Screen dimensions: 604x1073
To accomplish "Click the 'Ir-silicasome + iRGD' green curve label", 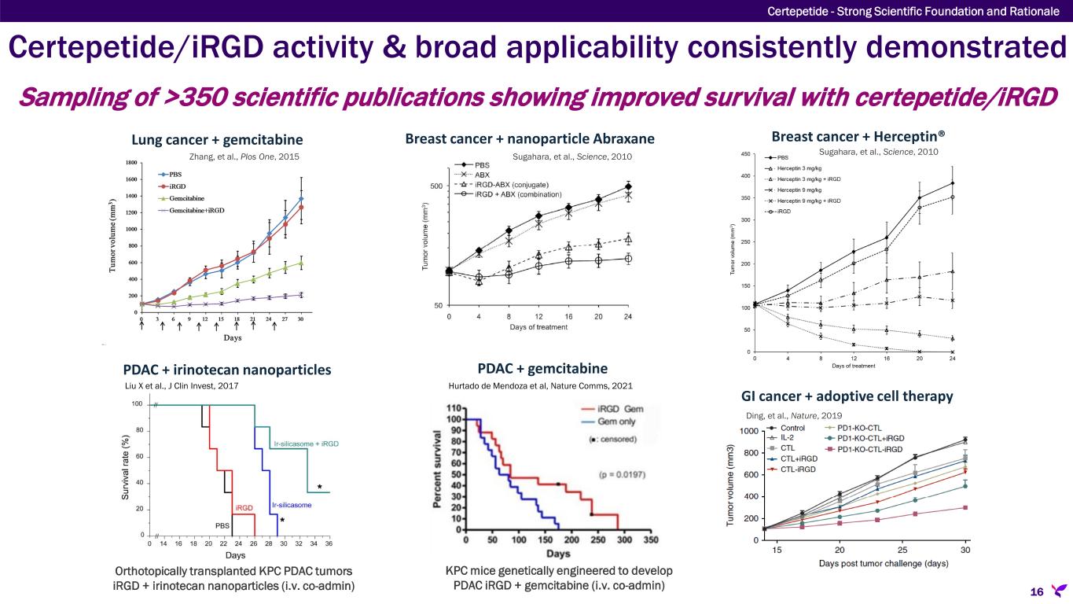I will (x=306, y=444).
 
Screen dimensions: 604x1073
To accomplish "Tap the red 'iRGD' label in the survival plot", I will (x=244, y=508).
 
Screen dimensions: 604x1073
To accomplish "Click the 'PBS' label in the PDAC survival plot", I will (x=222, y=524).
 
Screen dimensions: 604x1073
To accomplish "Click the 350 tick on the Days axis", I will (x=650, y=541).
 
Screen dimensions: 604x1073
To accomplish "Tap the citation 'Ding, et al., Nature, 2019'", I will (x=792, y=414).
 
